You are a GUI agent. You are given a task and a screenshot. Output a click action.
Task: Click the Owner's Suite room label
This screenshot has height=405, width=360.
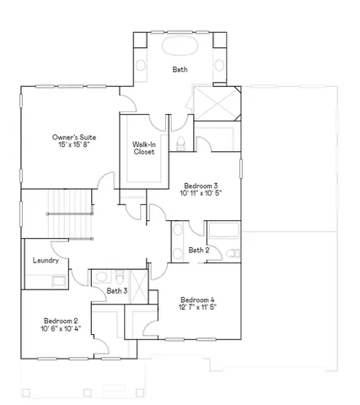tap(70, 136)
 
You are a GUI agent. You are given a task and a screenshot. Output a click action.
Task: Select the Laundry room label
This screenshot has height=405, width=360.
tap(46, 261)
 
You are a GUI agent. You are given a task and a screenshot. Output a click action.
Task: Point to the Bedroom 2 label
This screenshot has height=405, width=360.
tap(61, 321)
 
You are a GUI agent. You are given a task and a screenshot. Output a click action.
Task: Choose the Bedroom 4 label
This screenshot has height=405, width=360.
tap(197, 300)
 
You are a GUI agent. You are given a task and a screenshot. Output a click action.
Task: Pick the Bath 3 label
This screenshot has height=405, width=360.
tap(116, 291)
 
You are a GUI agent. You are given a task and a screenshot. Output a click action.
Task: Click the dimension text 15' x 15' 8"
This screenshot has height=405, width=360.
tap(70, 145)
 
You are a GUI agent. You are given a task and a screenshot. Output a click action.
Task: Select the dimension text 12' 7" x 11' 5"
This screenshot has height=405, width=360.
tap(197, 309)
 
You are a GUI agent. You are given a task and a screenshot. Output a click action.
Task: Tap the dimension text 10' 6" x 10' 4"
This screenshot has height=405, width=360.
tap(61, 330)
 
